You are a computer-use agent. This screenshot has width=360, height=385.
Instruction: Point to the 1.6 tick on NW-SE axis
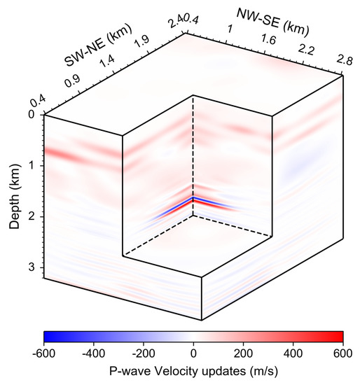tap(269, 41)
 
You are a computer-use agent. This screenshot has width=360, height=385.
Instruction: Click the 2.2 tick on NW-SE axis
tap(307, 52)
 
